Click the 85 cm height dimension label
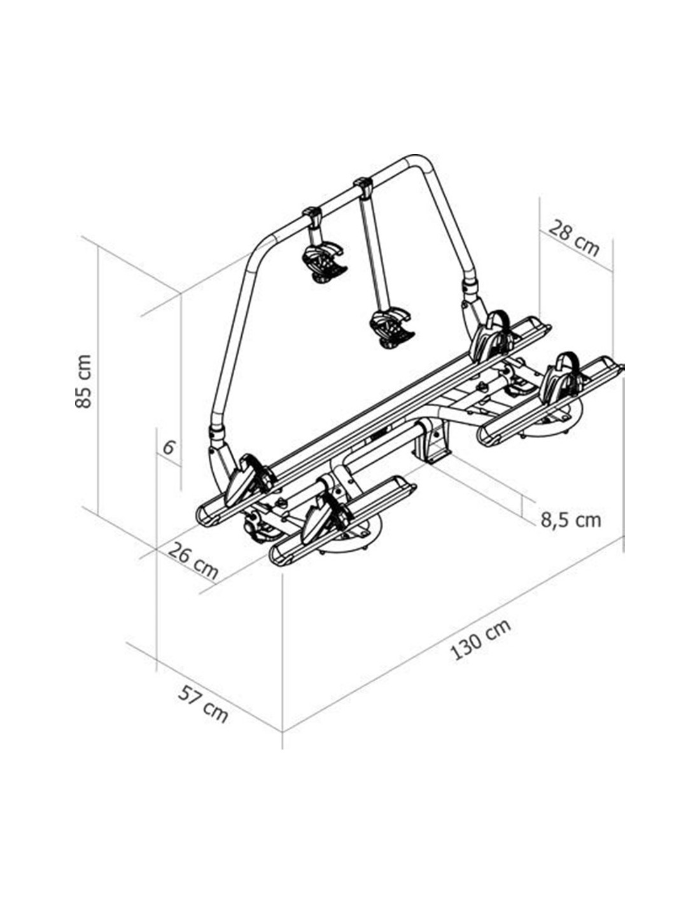(x=83, y=381)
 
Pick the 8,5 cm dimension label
(x=571, y=520)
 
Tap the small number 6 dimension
(x=168, y=448)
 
